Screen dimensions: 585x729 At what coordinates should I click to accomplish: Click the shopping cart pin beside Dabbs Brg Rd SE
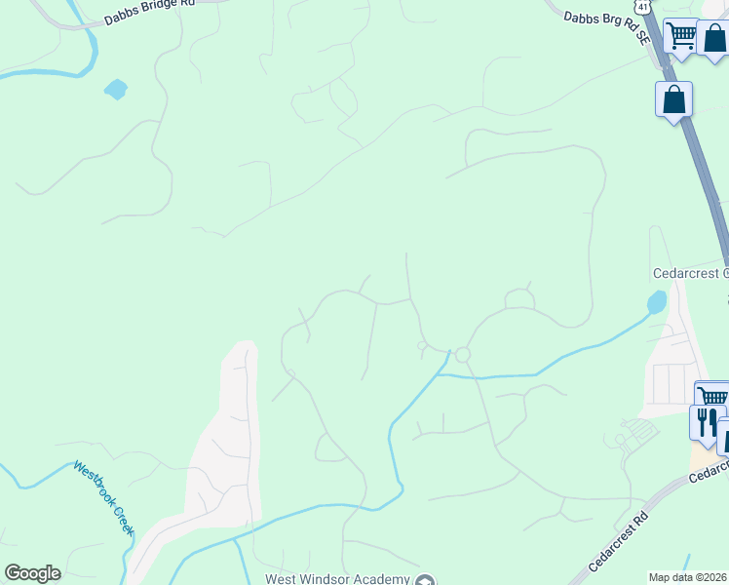point(682,37)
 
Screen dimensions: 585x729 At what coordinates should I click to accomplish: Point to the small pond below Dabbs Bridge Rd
point(116,90)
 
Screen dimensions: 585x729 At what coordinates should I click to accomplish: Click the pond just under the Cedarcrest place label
point(657,302)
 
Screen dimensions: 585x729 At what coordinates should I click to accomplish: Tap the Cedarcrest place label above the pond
point(689,274)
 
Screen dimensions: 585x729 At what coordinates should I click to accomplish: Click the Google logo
point(32,573)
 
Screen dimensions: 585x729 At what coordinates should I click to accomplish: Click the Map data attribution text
point(687,577)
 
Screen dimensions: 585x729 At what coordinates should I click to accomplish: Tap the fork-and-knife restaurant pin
point(704,421)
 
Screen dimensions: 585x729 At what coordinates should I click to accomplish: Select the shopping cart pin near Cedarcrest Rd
point(712,397)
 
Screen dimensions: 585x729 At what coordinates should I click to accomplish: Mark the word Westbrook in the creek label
point(93,486)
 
